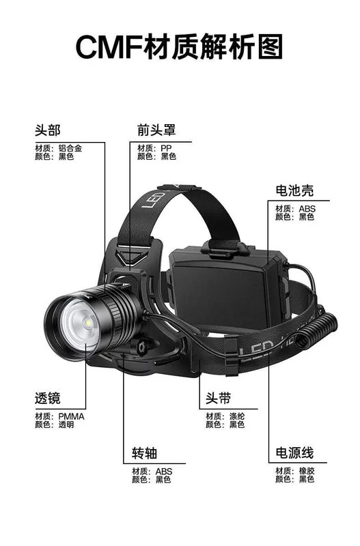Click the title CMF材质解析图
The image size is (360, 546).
tap(179, 46)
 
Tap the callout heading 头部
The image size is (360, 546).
tap(48, 130)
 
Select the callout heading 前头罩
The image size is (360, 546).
tap(156, 130)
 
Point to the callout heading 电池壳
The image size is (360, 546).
tap(294, 190)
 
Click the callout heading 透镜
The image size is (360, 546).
tap(48, 398)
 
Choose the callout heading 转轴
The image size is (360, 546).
tap(145, 453)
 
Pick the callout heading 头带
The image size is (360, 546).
tap(218, 398)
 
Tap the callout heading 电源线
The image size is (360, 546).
tap(294, 452)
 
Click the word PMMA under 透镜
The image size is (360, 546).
tap(71, 416)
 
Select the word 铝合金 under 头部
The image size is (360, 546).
tap(70, 148)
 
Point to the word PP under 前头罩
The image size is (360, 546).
tap(166, 148)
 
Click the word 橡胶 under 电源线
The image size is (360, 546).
tap(307, 471)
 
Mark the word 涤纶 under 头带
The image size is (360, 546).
tap(237, 416)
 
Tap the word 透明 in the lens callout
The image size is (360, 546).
tap(66, 425)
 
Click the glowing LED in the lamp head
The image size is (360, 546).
tap(88, 324)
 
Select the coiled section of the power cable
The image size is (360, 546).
tap(316, 331)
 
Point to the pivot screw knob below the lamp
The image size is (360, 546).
tap(141, 347)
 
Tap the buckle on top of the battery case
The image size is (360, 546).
tap(225, 248)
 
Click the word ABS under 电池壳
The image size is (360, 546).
tap(307, 209)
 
